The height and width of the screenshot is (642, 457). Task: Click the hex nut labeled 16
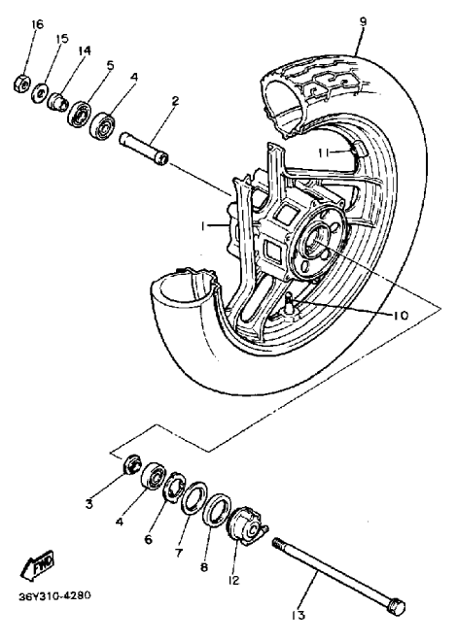tap(23, 84)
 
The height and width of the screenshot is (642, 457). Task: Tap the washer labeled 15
tap(40, 93)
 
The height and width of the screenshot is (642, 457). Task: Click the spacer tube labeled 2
tap(143, 149)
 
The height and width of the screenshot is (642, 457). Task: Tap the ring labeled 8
tap(217, 512)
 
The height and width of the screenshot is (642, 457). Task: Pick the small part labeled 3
tap(132, 464)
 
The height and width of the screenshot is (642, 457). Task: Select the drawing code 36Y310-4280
tap(54, 595)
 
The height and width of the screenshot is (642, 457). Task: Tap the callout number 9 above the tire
tap(363, 21)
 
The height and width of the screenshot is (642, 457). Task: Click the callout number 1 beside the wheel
tap(202, 225)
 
